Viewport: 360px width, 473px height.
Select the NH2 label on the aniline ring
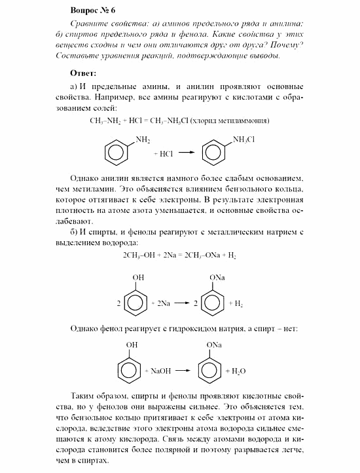[143, 140]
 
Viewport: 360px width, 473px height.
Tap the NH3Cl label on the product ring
[243, 140]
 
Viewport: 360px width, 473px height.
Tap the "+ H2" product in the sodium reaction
[234, 305]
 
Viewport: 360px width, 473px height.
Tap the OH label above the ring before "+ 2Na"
[139, 278]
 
